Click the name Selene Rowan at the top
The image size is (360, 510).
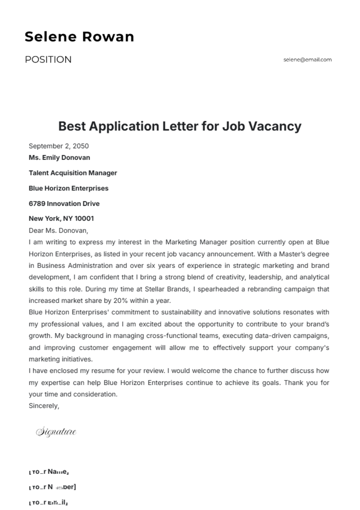[79, 37]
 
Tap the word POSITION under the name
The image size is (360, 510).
[48, 59]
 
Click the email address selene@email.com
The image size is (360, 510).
[307, 59]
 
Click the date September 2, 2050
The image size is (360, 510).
[58, 146]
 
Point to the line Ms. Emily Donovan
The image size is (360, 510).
[59, 157]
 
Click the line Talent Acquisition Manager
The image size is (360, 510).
[73, 173]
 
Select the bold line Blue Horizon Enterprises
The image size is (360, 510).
[68, 188]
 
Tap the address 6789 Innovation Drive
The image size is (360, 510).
[64, 203]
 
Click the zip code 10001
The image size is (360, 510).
[84, 218]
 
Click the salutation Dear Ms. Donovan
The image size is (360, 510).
[58, 230]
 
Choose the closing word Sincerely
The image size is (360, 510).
[44, 406]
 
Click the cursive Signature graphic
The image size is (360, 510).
[56, 432]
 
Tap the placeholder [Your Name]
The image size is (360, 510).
[49, 472]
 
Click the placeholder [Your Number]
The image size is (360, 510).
[52, 487]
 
